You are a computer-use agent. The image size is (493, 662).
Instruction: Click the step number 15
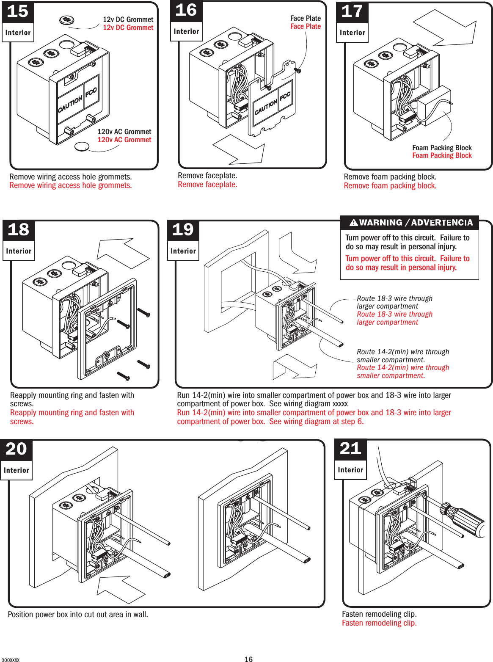(18, 11)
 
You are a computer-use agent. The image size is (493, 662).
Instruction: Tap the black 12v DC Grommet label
(128, 19)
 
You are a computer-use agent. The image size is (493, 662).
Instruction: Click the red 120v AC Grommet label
(124, 140)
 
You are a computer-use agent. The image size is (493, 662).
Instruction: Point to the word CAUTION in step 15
(70, 104)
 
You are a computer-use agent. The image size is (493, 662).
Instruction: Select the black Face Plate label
(305, 18)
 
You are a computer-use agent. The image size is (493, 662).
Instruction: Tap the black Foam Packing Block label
(442, 148)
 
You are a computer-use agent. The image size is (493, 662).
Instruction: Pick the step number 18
(18, 230)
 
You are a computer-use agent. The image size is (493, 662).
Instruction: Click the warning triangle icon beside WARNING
(354, 223)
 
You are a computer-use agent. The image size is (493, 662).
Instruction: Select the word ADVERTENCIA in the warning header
(442, 223)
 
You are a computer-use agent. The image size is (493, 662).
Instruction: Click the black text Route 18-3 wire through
(394, 298)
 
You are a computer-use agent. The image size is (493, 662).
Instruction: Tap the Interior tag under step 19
(183, 251)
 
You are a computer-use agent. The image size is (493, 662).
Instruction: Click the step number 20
(16, 449)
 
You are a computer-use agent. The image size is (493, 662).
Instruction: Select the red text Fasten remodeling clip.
(379, 623)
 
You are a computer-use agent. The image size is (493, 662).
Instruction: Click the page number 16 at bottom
(248, 659)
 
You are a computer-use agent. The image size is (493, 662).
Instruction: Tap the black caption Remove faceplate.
(207, 176)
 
